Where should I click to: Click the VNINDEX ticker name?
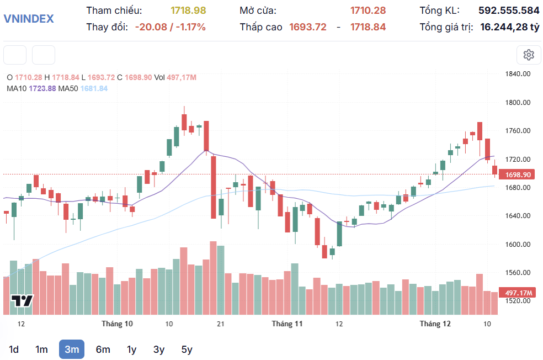click(29, 19)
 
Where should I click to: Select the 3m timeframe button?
click(72, 350)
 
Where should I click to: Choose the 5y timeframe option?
click(187, 350)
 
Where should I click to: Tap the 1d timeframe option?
click(14, 350)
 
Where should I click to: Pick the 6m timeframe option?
click(103, 350)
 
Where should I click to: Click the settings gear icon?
click(529, 55)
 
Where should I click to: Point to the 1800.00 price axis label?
click(518, 103)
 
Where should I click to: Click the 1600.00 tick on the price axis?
click(518, 245)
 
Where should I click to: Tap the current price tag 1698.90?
click(518, 174)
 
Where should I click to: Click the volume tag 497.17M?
click(518, 293)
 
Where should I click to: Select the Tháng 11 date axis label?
click(288, 324)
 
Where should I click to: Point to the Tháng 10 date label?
click(117, 324)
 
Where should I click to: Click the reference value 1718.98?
click(188, 10)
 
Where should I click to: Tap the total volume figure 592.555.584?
click(509, 10)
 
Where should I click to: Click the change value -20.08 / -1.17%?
click(170, 27)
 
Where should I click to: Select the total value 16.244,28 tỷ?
click(509, 27)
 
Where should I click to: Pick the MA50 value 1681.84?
click(94, 88)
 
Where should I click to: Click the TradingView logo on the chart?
click(23, 300)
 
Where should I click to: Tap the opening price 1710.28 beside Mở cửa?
click(368, 10)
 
